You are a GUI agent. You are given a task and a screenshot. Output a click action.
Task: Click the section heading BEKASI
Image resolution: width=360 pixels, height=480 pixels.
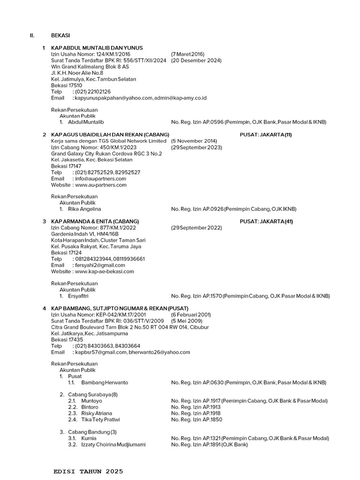(x=61, y=35)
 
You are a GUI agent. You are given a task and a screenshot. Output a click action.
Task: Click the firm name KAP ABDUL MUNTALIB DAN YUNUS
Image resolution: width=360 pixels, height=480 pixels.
(x=97, y=48)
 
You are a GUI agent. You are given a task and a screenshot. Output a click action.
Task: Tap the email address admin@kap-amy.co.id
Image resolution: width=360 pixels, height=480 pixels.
(x=180, y=98)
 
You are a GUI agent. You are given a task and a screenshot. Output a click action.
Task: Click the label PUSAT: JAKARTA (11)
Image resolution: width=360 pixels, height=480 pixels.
(x=266, y=135)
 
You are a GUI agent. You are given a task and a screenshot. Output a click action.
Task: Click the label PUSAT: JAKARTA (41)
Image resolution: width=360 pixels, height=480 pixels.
(x=266, y=221)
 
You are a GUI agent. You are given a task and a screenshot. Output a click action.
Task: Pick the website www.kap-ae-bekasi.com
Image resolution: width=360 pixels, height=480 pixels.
(x=105, y=271)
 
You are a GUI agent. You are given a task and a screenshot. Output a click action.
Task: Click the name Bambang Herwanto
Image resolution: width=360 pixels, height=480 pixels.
(x=105, y=382)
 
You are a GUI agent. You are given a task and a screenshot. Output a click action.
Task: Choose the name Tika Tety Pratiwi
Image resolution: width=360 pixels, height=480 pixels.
(x=100, y=420)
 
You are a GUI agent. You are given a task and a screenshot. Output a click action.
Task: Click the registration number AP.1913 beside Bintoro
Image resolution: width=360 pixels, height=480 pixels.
(x=211, y=407)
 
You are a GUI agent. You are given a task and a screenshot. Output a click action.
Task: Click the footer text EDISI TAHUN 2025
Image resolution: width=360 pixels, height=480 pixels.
(x=89, y=471)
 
